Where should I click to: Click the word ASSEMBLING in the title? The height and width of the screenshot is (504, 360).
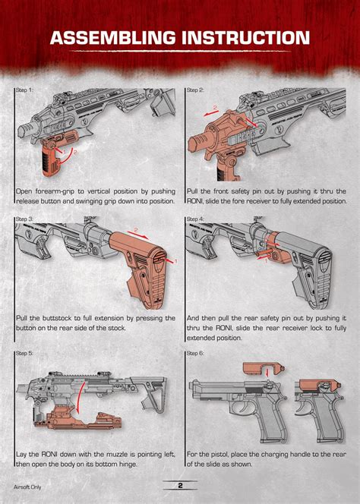[112, 38]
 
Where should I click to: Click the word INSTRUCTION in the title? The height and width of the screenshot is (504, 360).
[245, 38]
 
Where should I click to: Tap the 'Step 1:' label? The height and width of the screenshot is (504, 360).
[24, 90]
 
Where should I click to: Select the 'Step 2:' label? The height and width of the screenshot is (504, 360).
[195, 90]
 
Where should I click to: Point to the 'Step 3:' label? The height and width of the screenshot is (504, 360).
[24, 219]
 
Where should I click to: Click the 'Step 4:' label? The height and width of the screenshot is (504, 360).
[195, 219]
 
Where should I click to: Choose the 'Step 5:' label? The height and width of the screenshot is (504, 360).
[24, 353]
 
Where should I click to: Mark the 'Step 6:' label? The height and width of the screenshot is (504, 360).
[195, 353]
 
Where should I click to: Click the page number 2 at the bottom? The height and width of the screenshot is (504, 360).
[180, 485]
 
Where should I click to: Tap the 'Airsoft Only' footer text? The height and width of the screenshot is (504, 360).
[27, 487]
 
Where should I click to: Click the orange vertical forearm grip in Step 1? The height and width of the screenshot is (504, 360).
[52, 156]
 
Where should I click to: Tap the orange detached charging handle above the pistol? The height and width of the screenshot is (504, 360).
[263, 368]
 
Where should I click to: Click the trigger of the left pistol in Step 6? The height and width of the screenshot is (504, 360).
[246, 408]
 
